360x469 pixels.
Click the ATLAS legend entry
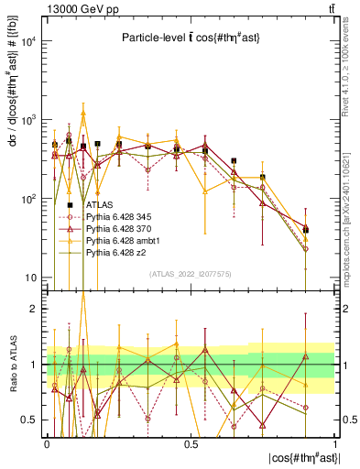pyautogui.click(x=96, y=204)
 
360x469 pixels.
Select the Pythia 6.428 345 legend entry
pyautogui.click(x=116, y=216)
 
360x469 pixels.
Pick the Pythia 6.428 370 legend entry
pyautogui.click(x=116, y=227)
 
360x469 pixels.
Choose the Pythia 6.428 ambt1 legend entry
pyautogui.click(x=118, y=239)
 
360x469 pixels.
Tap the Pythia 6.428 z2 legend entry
pyautogui.click(x=114, y=251)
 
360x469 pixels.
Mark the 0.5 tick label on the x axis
pyautogui.click(x=191, y=443)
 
